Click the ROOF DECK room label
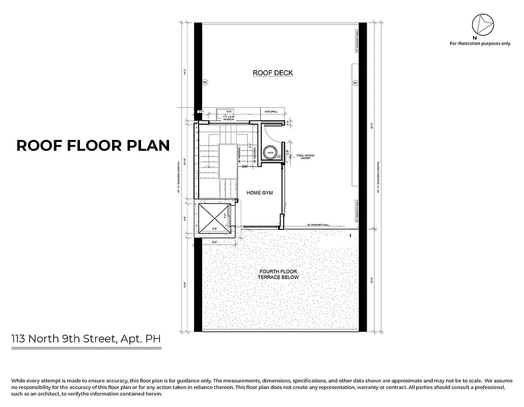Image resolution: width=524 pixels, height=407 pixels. pos(273,73)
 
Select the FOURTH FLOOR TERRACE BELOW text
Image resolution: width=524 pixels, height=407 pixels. pos(277,274)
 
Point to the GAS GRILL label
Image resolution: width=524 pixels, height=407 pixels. pos(270,110)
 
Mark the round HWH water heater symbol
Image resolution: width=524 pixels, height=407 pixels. pos(270,153)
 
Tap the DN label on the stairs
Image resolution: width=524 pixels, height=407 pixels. pos(244,166)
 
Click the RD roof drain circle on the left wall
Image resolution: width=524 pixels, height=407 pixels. pos(205,82)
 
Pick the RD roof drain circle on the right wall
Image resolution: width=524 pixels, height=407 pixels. pos(354,82)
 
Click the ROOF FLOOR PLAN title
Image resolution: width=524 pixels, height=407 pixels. pos(93,146)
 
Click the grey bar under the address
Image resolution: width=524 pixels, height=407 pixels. pos(86,348)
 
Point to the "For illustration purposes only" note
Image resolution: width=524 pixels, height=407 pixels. pos(480,43)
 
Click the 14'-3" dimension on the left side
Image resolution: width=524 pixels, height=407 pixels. pos(187,72)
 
